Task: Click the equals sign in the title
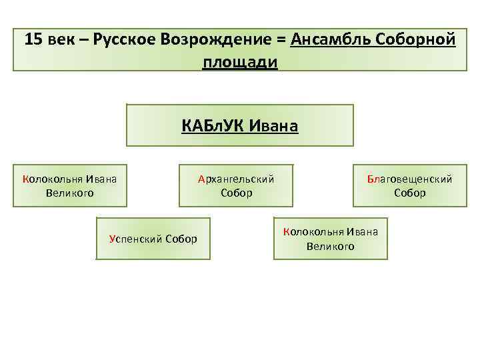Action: tap(280, 39)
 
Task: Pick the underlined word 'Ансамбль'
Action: tap(329, 39)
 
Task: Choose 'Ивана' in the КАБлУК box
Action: tap(273, 125)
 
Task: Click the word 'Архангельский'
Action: tap(236, 179)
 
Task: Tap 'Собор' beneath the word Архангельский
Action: tap(237, 193)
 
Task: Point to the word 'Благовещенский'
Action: tap(409, 179)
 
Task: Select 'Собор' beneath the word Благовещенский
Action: tap(409, 193)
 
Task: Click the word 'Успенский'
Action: tap(135, 239)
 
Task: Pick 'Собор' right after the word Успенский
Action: tap(181, 239)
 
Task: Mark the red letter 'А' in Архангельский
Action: tap(201, 179)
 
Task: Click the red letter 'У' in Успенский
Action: tap(111, 239)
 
